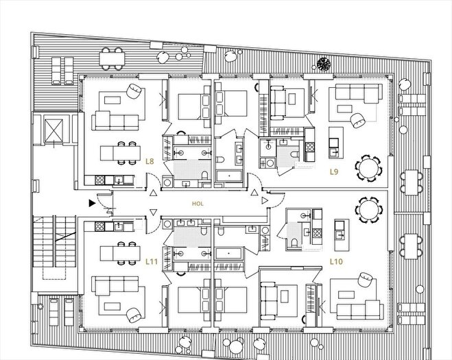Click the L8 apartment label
coord(150,161)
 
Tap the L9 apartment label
coord(334,172)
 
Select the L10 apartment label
coord(336,262)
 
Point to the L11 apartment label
coord(152,262)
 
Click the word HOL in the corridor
coord(198,204)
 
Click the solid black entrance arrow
coord(92,203)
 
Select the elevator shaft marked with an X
coord(53,130)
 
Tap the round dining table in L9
coord(368,168)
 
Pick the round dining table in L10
coord(368,210)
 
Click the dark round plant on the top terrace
coord(324,64)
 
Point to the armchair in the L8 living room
coord(134,91)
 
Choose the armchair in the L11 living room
coord(134,315)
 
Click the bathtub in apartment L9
coord(229,176)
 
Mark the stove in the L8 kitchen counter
coord(99,180)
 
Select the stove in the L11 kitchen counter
coord(99,226)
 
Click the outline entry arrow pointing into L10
coord(265,201)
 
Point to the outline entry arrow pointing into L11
coord(154,213)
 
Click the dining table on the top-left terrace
coord(112,59)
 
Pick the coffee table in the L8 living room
coord(112,100)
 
